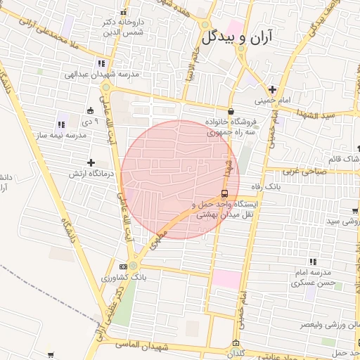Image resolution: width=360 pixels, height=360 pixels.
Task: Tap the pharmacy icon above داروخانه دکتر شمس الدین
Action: [x=124, y=12]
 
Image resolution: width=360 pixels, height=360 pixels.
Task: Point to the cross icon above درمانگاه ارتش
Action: [x=91, y=163]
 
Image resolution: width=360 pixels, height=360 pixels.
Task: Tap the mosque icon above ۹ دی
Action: [x=90, y=110]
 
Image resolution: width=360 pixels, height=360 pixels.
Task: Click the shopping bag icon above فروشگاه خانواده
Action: [x=231, y=111]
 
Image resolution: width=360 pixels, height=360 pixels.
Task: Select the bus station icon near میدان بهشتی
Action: [x=224, y=193]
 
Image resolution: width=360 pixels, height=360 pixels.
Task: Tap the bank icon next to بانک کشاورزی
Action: [x=124, y=266]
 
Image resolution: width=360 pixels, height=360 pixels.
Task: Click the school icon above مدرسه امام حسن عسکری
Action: [x=313, y=262]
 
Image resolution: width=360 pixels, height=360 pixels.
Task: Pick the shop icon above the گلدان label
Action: [x=235, y=343]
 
